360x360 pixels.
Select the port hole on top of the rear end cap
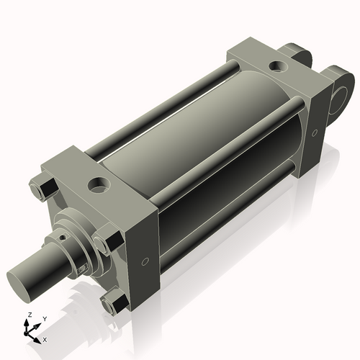(x=277, y=68)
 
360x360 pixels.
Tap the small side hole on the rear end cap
(x=314, y=133)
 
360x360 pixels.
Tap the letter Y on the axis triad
(x=44, y=319)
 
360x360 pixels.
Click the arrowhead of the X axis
(x=39, y=336)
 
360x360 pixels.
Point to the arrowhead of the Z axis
(x=27, y=322)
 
